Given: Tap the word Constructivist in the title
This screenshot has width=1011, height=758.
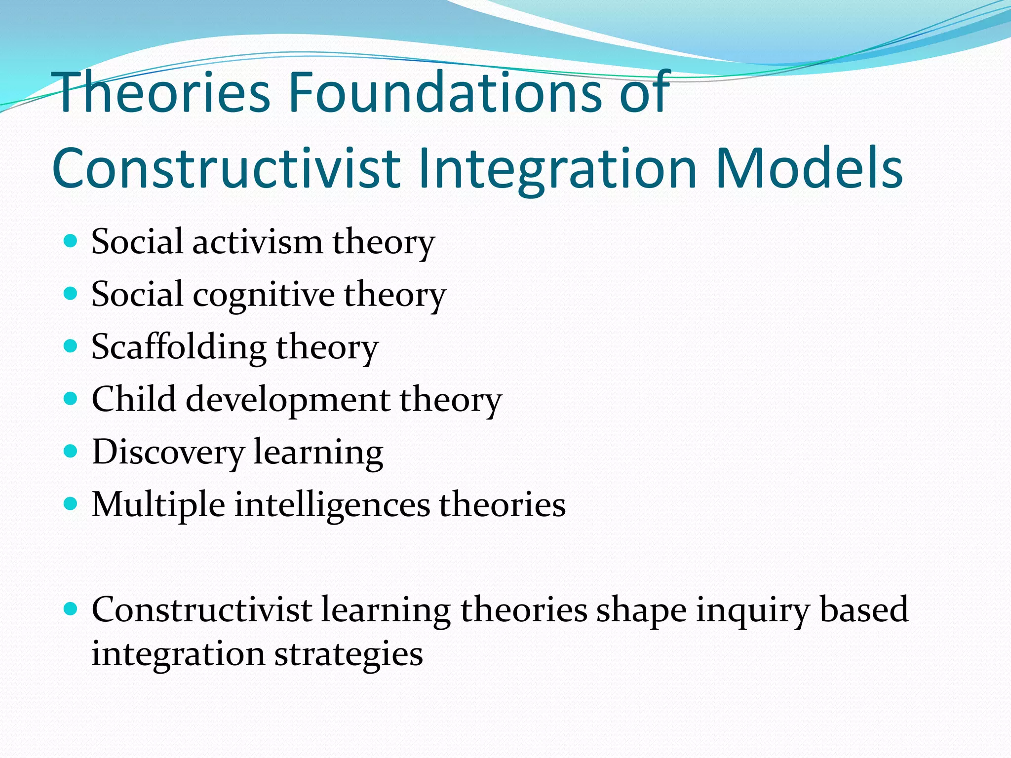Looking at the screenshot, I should (x=226, y=169).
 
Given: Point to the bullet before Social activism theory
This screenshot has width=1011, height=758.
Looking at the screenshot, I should (x=71, y=241).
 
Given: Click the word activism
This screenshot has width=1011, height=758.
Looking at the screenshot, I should (x=257, y=243).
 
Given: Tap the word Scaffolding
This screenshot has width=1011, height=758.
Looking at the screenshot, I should (x=179, y=347).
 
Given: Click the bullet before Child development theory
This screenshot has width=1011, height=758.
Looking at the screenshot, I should (x=71, y=398).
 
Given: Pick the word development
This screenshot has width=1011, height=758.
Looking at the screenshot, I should (x=288, y=400).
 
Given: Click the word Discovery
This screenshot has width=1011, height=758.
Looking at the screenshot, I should (x=168, y=453).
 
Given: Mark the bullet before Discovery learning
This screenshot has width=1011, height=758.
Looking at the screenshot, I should (x=71, y=451).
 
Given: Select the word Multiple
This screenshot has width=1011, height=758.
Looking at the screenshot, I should (x=158, y=505).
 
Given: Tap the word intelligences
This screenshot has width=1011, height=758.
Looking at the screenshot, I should (x=332, y=505).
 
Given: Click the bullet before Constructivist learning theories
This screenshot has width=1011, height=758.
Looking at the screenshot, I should (x=71, y=609).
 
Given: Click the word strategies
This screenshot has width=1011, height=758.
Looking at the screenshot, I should (x=349, y=655).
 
